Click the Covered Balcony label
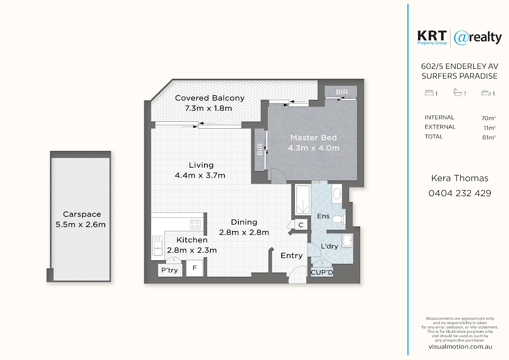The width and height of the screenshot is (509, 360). [210, 98]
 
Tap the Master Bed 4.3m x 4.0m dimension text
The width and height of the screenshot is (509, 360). [313, 148]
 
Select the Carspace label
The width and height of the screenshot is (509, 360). [82, 214]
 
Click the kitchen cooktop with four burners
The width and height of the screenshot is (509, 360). [195, 225]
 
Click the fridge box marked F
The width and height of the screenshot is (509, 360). [195, 268]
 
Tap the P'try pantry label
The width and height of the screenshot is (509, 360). [170, 270]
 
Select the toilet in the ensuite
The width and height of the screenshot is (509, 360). [339, 219]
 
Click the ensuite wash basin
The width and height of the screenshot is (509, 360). [337, 194]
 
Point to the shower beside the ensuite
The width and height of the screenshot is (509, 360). [303, 200]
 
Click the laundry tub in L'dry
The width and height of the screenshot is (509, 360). [347, 240]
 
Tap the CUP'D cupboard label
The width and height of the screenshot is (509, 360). [322, 273]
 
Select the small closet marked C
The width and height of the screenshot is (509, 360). [301, 225]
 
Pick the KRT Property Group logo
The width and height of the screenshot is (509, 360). [432, 38]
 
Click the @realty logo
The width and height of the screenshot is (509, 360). [478, 38]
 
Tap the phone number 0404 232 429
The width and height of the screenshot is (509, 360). [460, 193]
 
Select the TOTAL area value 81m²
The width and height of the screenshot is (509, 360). [489, 138]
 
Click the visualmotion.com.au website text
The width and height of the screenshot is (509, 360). [460, 347]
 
